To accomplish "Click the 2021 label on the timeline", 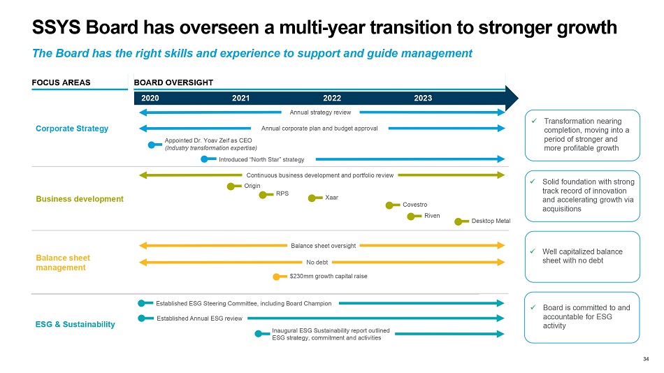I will point(240,98).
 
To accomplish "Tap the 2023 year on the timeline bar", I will point(423,98).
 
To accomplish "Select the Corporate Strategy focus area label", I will point(72,129).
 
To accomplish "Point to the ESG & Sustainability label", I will point(75,325).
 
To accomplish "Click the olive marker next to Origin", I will point(231,186).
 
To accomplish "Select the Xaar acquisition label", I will point(332,198).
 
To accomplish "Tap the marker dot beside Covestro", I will point(390,205).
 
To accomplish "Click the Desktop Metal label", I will point(491,221).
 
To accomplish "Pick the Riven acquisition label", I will point(432,216).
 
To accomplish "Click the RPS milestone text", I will point(282,193).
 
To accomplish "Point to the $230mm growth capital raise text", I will point(328,277).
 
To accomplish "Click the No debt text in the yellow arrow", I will point(317,263).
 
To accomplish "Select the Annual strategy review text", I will point(320,112).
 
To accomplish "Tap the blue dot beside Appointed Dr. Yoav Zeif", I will point(151,145).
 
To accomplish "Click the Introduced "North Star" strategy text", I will point(261,159).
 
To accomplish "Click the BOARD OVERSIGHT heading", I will point(173,82).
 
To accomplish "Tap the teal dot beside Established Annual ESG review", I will point(141,318).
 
